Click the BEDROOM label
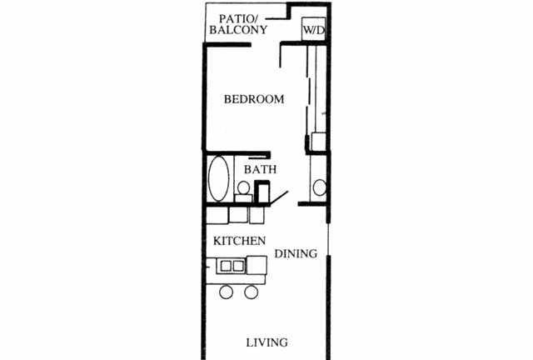point(255,99)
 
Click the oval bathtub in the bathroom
point(219,178)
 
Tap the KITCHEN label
point(240,241)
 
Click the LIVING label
point(267,342)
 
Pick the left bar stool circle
point(226,292)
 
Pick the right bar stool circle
point(252,292)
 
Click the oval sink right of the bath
point(319,186)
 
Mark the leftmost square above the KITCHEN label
point(217,215)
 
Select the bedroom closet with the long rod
point(315,92)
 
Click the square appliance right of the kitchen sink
point(257,267)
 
